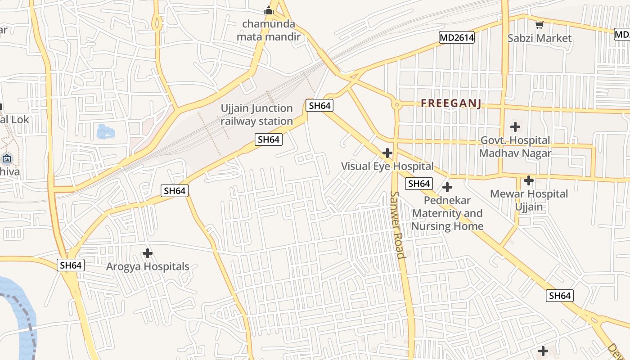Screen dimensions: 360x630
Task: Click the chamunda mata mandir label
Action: point(269,30)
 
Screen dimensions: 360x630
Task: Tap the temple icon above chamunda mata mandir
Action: point(269,10)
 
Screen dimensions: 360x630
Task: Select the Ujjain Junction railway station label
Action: point(256,115)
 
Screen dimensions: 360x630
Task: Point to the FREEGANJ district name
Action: point(451,103)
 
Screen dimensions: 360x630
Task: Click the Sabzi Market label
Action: point(539,38)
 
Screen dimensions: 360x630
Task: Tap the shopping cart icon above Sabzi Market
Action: point(539,25)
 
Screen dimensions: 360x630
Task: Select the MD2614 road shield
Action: point(457,38)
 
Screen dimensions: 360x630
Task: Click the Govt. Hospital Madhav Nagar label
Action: point(515,147)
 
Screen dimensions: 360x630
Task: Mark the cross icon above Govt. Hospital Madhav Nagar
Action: point(515,127)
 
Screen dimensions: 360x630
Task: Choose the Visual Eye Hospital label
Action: point(387,166)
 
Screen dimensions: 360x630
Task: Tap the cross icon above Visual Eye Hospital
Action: point(387,153)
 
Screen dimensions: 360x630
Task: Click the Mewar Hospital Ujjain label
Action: point(529,200)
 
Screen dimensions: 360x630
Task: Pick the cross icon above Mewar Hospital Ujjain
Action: point(529,180)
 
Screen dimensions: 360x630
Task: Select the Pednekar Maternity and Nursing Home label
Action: point(447,213)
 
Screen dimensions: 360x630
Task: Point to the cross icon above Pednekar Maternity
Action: point(447,187)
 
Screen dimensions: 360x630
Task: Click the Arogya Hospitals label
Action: point(148,266)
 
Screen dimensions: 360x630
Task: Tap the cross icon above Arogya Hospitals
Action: point(148,253)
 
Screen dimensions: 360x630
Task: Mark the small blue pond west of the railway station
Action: point(106,131)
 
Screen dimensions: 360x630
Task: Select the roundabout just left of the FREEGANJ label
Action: point(396,105)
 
